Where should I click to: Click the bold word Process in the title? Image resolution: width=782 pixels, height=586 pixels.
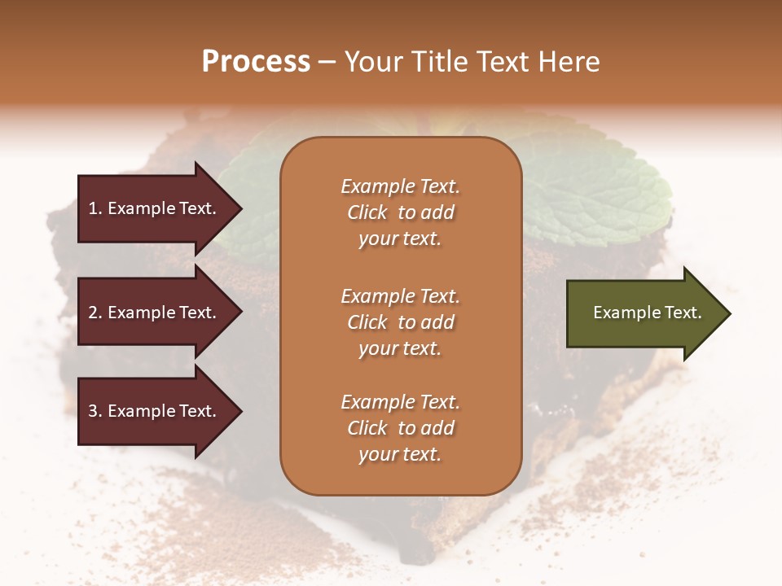pos(256,62)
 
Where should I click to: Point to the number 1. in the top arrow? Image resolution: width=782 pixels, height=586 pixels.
pos(95,209)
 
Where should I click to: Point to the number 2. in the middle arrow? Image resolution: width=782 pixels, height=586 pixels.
pos(95,313)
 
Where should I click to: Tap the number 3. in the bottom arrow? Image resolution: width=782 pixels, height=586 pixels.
pos(95,412)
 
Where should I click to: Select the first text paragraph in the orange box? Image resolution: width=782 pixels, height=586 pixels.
pos(400,212)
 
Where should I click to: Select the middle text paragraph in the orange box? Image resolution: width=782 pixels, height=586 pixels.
pos(400,322)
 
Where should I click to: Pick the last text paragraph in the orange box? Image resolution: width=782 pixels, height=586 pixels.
pos(400,428)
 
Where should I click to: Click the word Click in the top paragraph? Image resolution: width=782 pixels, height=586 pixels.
pos(367,213)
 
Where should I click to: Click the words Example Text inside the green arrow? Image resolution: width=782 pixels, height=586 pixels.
pos(648,313)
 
